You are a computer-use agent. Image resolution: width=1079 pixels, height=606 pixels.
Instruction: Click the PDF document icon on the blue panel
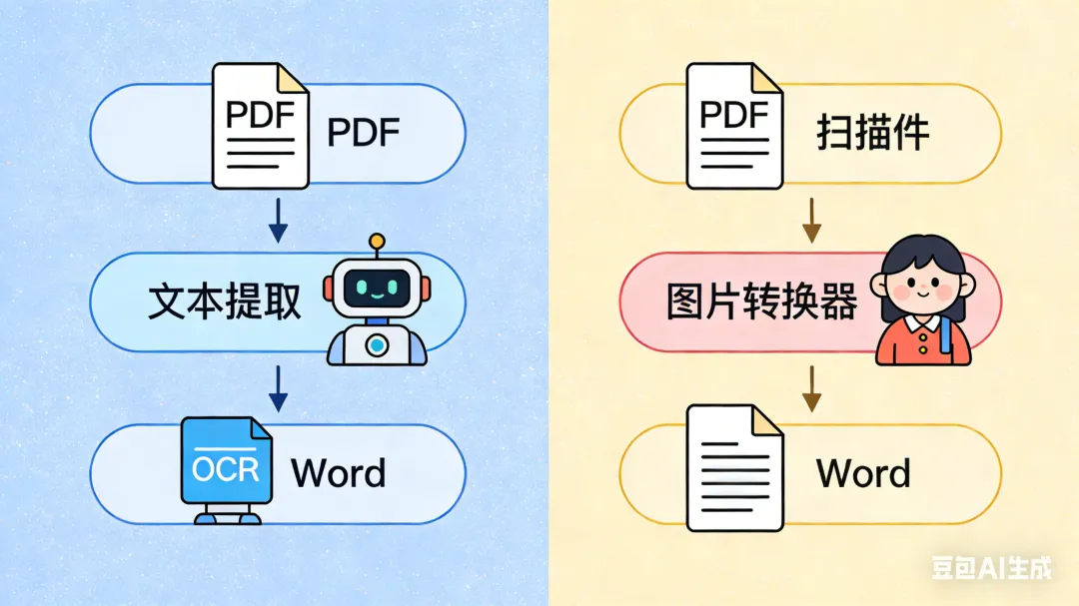[x=260, y=126]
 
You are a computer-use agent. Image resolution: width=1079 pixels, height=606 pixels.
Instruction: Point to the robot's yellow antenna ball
[x=377, y=241]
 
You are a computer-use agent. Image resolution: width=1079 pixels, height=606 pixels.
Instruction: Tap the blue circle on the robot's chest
[x=377, y=345]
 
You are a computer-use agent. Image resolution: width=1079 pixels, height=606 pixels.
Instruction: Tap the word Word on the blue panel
[x=338, y=472]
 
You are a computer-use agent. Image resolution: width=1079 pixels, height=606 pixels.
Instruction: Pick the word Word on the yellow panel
[x=863, y=472]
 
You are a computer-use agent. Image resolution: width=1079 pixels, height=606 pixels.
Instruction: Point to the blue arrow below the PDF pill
[x=279, y=222]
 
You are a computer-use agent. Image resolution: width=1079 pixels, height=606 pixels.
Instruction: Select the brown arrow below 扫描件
[x=812, y=222]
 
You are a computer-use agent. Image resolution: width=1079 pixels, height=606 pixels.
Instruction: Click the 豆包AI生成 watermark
[x=991, y=568]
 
